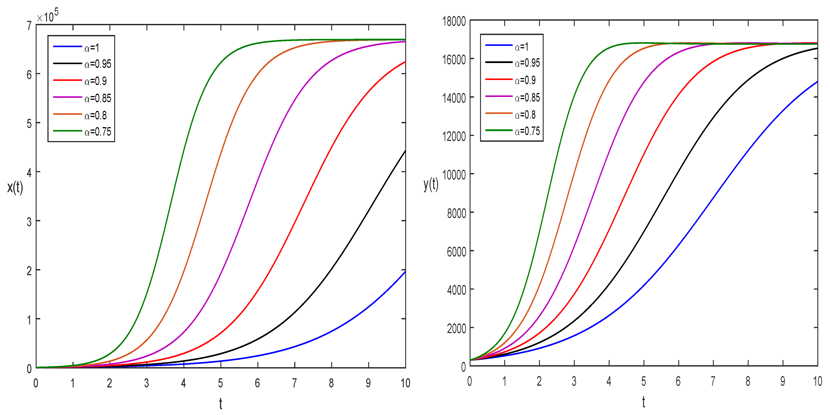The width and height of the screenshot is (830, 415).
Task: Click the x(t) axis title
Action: tap(15, 187)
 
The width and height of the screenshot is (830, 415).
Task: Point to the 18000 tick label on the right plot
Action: tap(454, 21)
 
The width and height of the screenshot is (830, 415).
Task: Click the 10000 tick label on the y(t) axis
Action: tap(454, 175)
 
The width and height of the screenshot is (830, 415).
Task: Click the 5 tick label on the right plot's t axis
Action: tap(644, 381)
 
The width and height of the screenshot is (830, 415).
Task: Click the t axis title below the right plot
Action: tap(644, 402)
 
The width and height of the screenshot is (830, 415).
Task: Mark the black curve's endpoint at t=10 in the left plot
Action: tap(405, 151)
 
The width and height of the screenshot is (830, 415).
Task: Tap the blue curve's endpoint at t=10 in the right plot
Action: tap(817, 82)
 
